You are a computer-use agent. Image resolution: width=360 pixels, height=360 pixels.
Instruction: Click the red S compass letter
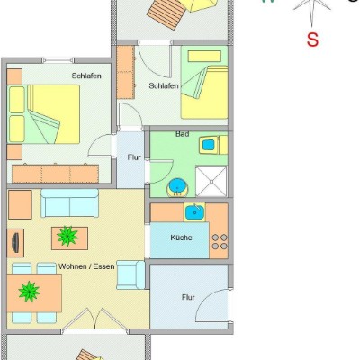click(312, 40)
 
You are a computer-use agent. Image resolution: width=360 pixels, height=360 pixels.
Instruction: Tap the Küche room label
click(181, 238)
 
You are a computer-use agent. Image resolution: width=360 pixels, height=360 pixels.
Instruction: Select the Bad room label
click(183, 134)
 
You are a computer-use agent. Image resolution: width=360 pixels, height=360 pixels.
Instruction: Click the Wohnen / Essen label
click(86, 266)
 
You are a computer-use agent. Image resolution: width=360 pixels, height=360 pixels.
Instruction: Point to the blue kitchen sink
click(194, 212)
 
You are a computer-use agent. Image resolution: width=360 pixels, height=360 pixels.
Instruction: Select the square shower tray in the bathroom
click(211, 182)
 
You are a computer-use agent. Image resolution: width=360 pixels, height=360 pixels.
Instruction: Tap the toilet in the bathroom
click(213, 145)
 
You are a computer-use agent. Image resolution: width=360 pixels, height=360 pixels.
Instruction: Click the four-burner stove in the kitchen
click(220, 242)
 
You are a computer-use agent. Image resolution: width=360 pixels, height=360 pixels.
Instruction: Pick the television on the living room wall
click(15, 242)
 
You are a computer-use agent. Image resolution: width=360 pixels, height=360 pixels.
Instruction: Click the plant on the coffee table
click(67, 236)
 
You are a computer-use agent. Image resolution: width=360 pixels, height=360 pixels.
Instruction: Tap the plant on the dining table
click(29, 292)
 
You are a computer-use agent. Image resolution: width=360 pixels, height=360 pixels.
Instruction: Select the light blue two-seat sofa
click(70, 203)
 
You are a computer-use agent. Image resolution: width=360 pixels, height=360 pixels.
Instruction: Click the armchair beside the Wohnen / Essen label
click(131, 274)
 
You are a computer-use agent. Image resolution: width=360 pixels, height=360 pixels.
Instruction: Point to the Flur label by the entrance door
click(188, 297)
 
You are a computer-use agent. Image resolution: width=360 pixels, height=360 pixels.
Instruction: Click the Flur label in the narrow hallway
click(134, 157)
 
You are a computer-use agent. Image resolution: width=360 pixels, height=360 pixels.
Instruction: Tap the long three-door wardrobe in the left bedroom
click(55, 173)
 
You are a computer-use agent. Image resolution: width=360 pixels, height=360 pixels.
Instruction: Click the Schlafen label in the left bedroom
click(86, 76)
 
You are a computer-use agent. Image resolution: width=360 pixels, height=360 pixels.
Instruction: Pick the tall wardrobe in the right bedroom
click(125, 72)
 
